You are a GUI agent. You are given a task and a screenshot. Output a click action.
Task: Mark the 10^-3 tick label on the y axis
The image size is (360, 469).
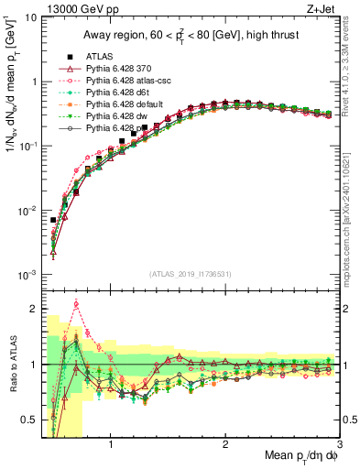pyautogui.click(x=27, y=275)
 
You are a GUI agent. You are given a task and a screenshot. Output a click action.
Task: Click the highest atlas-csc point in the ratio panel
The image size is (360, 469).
pyautogui.click(x=76, y=303)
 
